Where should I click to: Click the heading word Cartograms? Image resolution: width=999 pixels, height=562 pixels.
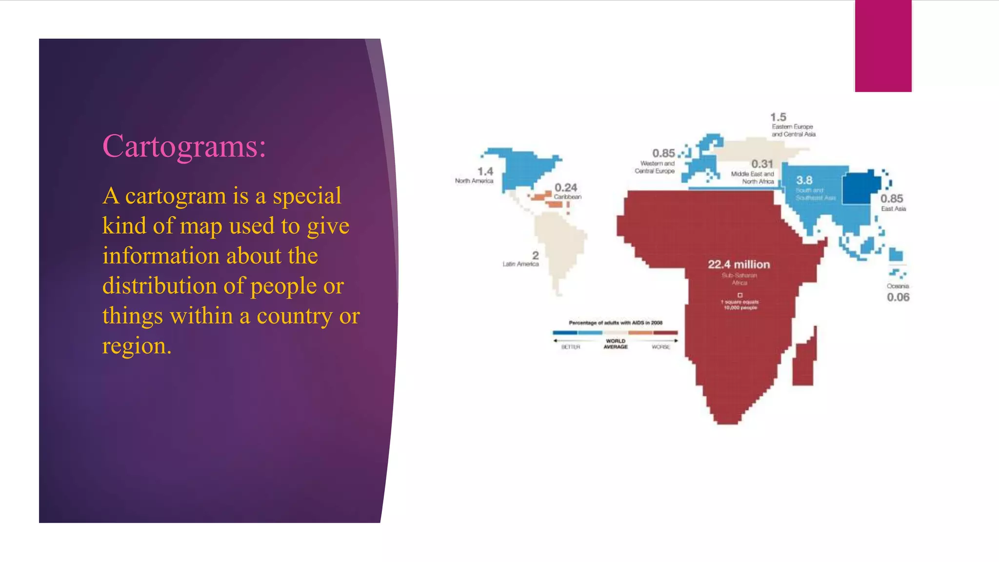[184, 146]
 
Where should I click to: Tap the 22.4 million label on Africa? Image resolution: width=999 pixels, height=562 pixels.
[739, 264]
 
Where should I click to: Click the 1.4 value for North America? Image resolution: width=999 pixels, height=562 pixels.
[485, 172]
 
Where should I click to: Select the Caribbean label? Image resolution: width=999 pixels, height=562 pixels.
[567, 197]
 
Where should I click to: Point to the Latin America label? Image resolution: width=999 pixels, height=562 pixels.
[520, 264]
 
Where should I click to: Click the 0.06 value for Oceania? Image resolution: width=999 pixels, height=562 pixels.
[898, 297]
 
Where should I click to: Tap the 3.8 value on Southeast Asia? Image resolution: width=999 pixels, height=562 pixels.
[804, 181]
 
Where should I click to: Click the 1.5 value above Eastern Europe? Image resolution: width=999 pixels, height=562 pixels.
[778, 117]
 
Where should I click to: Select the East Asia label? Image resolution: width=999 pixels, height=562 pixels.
[893, 209]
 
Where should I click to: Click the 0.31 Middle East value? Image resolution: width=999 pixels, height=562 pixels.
[762, 164]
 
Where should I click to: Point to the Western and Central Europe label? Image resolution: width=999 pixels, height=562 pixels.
[655, 167]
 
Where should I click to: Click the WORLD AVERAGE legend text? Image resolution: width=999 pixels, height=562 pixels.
[616, 344]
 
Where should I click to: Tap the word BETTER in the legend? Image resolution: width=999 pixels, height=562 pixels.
[570, 347]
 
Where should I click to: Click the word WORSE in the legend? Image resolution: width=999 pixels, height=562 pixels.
[661, 347]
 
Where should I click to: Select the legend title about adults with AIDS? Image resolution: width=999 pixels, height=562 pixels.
[616, 322]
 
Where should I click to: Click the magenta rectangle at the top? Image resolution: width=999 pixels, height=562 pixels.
[883, 46]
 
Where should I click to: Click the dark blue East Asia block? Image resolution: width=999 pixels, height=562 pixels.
[861, 187]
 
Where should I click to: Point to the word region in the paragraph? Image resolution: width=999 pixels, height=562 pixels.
[136, 346]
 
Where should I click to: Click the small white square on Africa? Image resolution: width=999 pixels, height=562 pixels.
[740, 295]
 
